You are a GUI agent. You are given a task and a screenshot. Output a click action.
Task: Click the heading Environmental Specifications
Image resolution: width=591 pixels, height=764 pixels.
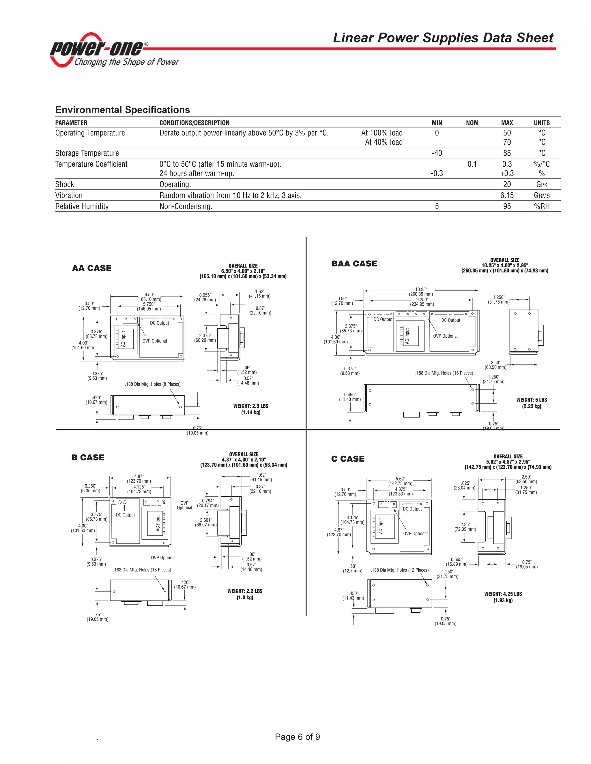[x=123, y=110]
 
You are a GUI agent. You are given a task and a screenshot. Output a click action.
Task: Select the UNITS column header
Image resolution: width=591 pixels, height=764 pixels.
[x=542, y=123]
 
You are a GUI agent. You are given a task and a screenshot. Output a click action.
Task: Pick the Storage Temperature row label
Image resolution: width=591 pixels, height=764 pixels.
[x=87, y=153]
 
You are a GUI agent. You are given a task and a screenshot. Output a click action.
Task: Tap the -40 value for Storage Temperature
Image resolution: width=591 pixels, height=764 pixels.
[x=437, y=153]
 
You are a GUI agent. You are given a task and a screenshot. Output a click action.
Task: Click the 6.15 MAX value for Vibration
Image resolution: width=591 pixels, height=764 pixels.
[x=507, y=195]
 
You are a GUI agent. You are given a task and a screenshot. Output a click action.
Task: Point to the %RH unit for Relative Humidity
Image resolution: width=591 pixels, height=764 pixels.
[x=542, y=206]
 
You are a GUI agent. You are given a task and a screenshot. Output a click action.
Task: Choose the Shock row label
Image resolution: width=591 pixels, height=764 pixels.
[x=65, y=184]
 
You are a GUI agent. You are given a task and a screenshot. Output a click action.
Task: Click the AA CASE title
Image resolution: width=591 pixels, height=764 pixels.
[x=92, y=268]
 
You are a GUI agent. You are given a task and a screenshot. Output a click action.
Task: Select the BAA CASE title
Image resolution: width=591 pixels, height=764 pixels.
[x=354, y=264]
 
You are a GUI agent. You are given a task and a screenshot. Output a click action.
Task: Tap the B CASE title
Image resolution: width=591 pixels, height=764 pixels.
[x=88, y=458]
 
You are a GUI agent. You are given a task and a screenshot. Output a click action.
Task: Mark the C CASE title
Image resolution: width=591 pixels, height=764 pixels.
[x=348, y=459]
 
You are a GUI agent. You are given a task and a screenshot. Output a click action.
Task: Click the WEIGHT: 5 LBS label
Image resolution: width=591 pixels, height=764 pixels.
[x=531, y=400]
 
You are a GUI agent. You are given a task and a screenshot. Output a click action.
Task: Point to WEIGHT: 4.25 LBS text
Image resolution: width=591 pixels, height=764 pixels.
[x=503, y=594]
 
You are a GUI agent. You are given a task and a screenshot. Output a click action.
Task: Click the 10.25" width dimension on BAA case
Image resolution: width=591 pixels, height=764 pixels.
[x=421, y=289]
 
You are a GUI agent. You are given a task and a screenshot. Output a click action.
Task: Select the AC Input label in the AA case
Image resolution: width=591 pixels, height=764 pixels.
[x=123, y=339]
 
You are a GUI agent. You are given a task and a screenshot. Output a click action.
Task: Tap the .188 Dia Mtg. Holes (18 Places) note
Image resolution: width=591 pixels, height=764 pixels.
[x=142, y=570]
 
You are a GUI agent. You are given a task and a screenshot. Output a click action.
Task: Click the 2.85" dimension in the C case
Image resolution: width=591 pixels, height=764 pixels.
[x=465, y=525]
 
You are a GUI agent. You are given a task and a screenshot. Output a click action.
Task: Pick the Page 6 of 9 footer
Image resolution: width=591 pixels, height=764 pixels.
[x=297, y=737]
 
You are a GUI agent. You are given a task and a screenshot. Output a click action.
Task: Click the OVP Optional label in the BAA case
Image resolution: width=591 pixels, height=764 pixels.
[x=445, y=336]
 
